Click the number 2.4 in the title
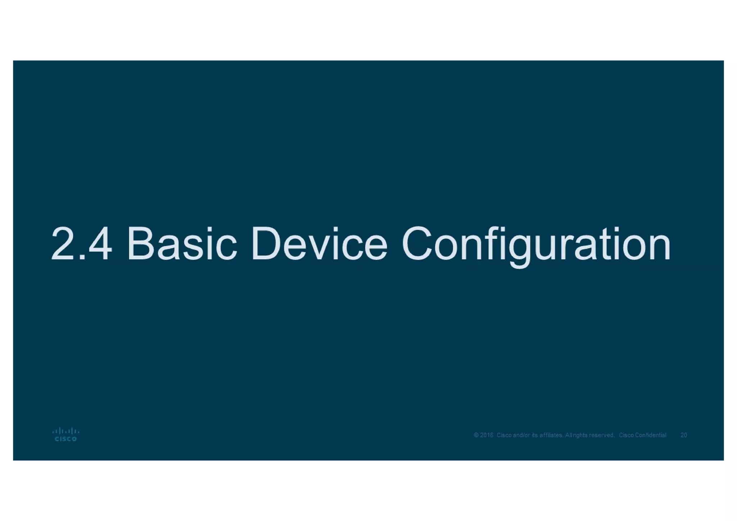click(x=81, y=243)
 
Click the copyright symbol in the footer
click(x=476, y=435)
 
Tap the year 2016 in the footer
click(x=487, y=435)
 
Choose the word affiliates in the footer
click(x=551, y=435)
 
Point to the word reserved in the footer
click(x=601, y=435)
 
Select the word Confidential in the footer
click(x=651, y=435)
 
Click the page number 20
click(x=684, y=435)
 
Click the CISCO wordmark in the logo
click(x=65, y=439)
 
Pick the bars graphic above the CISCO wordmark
click(x=65, y=431)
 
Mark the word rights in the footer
click(x=580, y=435)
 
